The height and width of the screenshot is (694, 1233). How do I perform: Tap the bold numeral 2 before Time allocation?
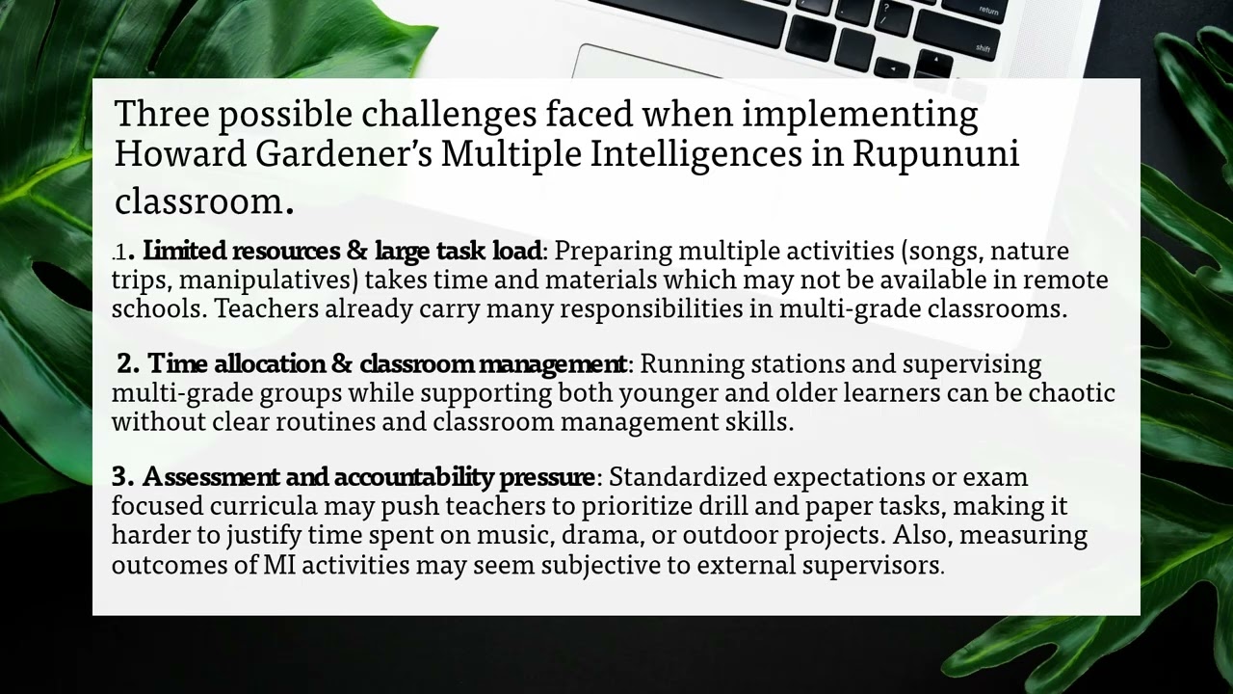pyautogui.click(x=127, y=364)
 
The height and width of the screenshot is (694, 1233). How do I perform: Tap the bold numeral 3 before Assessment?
pyautogui.click(x=120, y=477)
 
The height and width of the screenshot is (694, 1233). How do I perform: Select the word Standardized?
pyautogui.click(x=687, y=477)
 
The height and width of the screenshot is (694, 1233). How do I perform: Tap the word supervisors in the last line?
pyautogui.click(x=879, y=564)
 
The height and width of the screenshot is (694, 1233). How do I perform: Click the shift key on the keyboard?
pyautogui.click(x=983, y=47)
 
